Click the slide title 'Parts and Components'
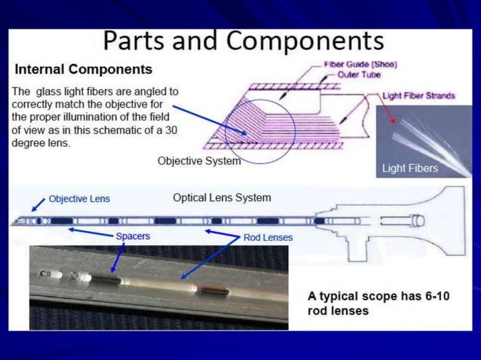[x=243, y=41]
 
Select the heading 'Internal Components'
[x=84, y=70]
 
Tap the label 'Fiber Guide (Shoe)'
[x=360, y=64]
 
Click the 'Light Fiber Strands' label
[x=418, y=96]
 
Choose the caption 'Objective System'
[x=199, y=160]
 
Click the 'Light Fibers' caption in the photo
[x=409, y=168]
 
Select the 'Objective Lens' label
[x=79, y=199]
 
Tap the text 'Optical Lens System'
[x=222, y=198]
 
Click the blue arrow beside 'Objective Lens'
[x=38, y=204]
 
